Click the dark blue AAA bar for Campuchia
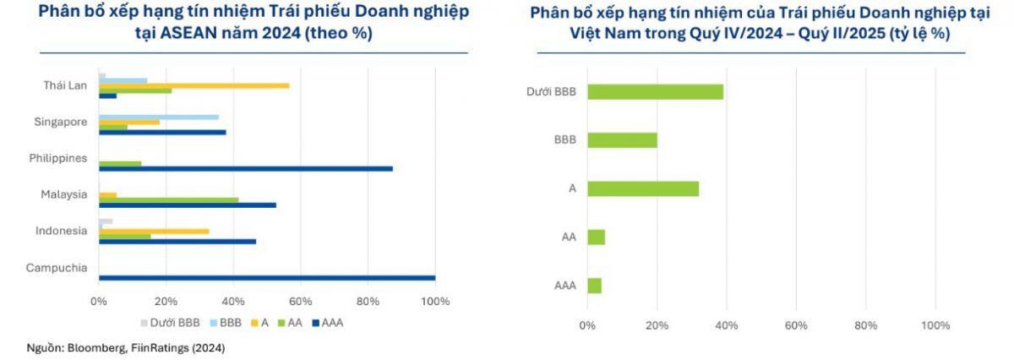click(x=267, y=277)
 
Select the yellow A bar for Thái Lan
click(x=194, y=85)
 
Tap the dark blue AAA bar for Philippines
click(x=245, y=168)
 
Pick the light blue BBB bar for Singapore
click(x=158, y=117)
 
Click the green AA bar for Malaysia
click(x=168, y=199)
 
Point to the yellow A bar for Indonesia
click(x=154, y=231)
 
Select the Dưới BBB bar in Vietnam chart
click(x=655, y=91)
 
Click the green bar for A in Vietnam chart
click(x=643, y=188)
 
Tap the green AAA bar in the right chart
click(x=594, y=286)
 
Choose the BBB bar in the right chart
click(x=622, y=140)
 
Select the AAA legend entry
click(x=327, y=322)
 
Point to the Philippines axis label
click(x=59, y=158)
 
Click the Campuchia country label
click(x=57, y=268)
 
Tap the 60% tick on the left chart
click(x=301, y=302)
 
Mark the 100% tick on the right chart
click(x=935, y=326)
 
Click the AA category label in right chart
click(x=569, y=237)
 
